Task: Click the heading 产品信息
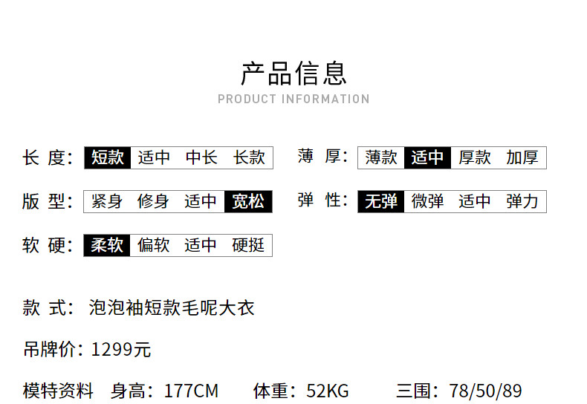[294, 74]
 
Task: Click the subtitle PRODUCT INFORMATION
[294, 99]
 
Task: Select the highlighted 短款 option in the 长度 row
[108, 157]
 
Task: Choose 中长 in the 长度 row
[201, 157]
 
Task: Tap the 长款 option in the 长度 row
[249, 157]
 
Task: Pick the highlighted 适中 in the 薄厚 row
[427, 157]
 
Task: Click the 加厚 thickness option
[522, 157]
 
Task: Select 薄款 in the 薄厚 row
[381, 157]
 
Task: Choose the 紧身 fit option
[107, 201]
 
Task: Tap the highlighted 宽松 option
[248, 201]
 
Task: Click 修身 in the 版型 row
[153, 201]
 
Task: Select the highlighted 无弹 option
[381, 201]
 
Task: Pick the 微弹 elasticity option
[427, 201]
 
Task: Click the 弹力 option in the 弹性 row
[522, 201]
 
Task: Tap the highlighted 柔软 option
[107, 245]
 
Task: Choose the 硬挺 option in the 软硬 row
[248, 245]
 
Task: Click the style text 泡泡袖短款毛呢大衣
[172, 308]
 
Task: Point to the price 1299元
[121, 350]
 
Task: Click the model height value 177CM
[191, 391]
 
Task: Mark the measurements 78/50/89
[485, 391]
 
